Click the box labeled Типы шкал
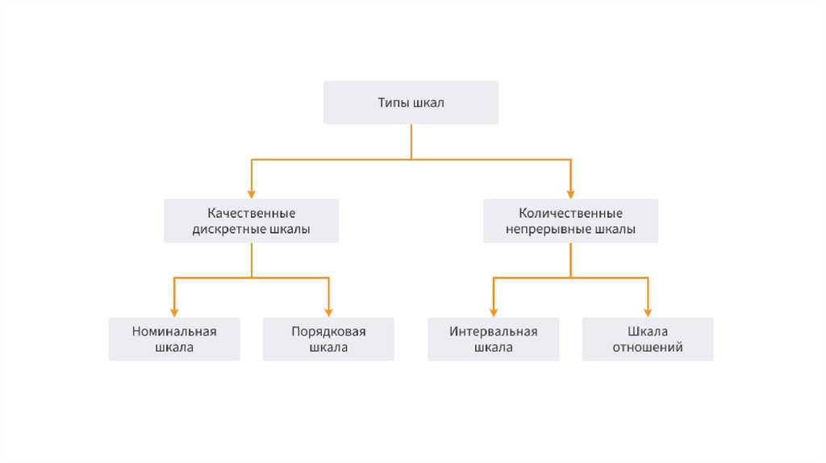click(x=411, y=102)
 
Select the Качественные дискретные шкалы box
click(x=251, y=221)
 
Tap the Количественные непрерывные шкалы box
click(x=570, y=221)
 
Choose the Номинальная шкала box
click(x=174, y=339)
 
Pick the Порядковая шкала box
click(x=328, y=339)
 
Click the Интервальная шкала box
click(x=493, y=339)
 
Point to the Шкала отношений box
click(x=648, y=339)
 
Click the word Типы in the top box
click(x=394, y=103)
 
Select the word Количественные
click(x=570, y=214)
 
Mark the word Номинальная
click(x=174, y=332)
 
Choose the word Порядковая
click(x=328, y=332)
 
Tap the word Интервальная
click(x=493, y=332)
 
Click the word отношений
click(x=648, y=348)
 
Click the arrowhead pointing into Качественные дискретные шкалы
click(x=252, y=194)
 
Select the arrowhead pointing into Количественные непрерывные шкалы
click(x=571, y=194)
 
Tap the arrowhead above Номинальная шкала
click(x=174, y=312)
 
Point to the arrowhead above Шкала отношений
click(x=648, y=312)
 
